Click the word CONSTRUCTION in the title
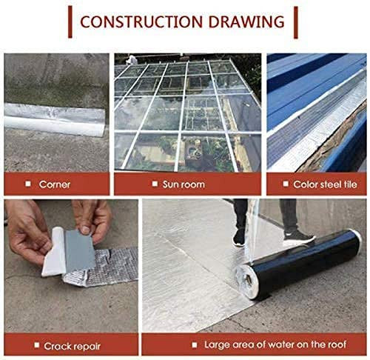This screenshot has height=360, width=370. (x=141, y=21)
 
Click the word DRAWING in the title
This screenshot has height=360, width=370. (x=246, y=21)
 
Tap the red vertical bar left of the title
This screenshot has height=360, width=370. (x=70, y=22)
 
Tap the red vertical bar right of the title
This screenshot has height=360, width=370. (x=296, y=22)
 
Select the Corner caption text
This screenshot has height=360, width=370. (x=55, y=184)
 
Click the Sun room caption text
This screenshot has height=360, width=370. (x=184, y=184)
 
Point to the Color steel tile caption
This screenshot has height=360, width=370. (x=325, y=184)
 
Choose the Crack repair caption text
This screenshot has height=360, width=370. (x=72, y=346)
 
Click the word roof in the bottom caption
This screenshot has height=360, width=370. (x=337, y=344)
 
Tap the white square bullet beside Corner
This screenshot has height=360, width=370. (x=28, y=184)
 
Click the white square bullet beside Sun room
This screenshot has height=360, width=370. (x=155, y=184)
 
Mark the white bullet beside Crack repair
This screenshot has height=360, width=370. (x=37, y=345)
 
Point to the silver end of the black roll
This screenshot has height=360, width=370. (x=246, y=281)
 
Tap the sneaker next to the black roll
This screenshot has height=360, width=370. (x=299, y=238)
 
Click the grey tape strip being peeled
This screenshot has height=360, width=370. (x=79, y=250)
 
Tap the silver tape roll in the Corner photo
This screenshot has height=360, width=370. (x=55, y=119)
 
